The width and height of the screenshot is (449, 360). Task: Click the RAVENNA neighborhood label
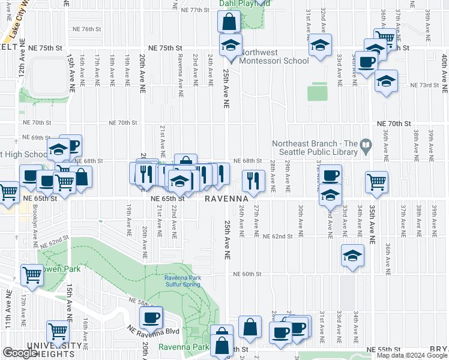[226, 199]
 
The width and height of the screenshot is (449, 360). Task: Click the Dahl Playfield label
[244, 3]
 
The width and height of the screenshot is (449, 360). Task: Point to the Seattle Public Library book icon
[365, 144]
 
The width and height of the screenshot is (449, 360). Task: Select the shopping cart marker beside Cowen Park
[32, 275]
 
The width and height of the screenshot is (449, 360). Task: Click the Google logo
[20, 353]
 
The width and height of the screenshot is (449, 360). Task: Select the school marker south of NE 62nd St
[352, 256]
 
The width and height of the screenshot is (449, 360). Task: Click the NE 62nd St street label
[277, 237]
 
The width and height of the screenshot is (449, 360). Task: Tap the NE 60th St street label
[247, 274]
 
